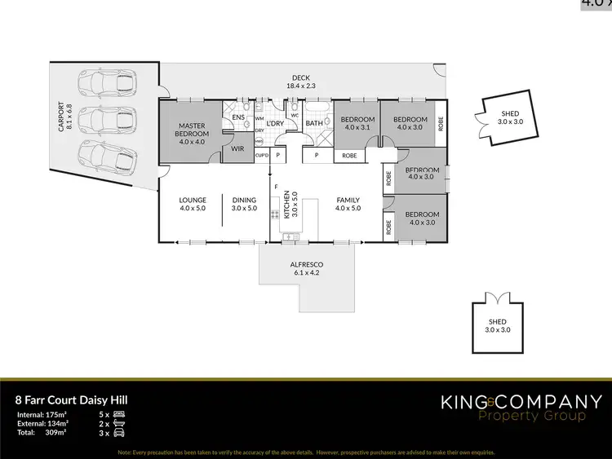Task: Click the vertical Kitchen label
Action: pyautogui.click(x=286, y=204)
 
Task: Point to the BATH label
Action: pyautogui.click(x=314, y=124)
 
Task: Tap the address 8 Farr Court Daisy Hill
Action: pyautogui.click(x=71, y=400)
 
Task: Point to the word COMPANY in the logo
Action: pyautogui.click(x=557, y=401)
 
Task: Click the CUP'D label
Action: pyautogui.click(x=262, y=154)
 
